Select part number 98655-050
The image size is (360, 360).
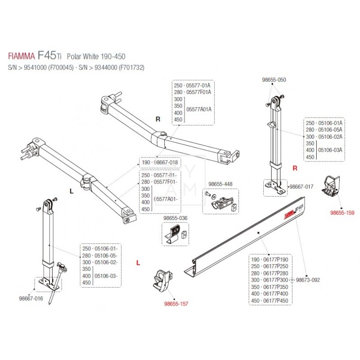tap(274, 80)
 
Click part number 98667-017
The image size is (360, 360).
tap(301, 186)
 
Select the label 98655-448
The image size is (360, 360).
tap(220, 184)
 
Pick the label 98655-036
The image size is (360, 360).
tap(175, 218)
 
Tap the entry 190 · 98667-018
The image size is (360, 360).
tap(160, 162)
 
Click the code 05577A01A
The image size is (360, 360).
tap(198, 109)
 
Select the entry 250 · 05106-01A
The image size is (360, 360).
tap(324, 122)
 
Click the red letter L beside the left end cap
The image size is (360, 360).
tap(138, 262)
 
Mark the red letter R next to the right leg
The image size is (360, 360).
tap(295, 169)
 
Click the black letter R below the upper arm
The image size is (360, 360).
tap(157, 119)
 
